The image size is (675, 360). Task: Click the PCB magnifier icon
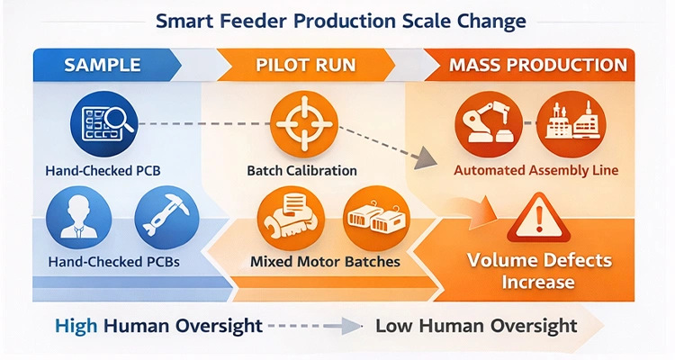pos(101,123)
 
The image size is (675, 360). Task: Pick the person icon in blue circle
pos(78,218)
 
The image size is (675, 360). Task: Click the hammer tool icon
pos(162,218)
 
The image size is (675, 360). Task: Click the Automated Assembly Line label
pos(523,169)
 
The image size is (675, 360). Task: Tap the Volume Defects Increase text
pos(538,272)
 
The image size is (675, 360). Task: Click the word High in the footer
pos(76,326)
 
